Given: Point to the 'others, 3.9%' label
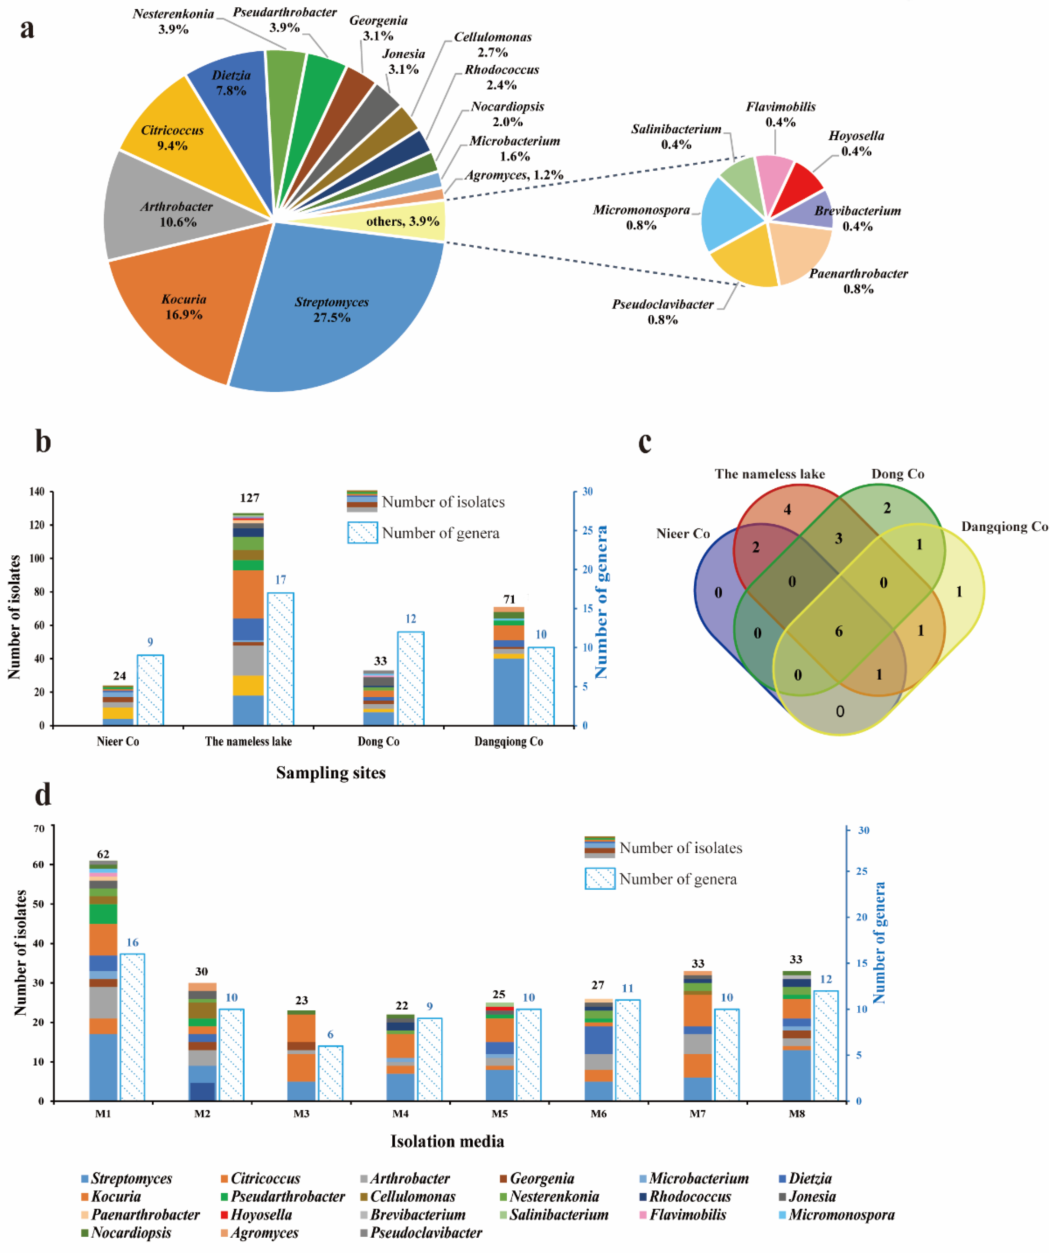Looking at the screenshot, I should point(402,221).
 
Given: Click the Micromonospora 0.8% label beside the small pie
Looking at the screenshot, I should point(641,217).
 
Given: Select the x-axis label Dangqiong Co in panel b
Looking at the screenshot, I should point(509,741).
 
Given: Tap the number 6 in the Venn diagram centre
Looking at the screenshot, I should point(838,631).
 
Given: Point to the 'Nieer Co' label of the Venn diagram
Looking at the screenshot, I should point(682,533).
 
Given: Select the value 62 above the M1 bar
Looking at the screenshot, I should point(103,854).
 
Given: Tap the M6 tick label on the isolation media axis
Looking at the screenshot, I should point(598,1114).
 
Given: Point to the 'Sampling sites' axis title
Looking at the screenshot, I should point(331,773).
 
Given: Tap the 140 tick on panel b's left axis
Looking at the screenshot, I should point(37,491).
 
